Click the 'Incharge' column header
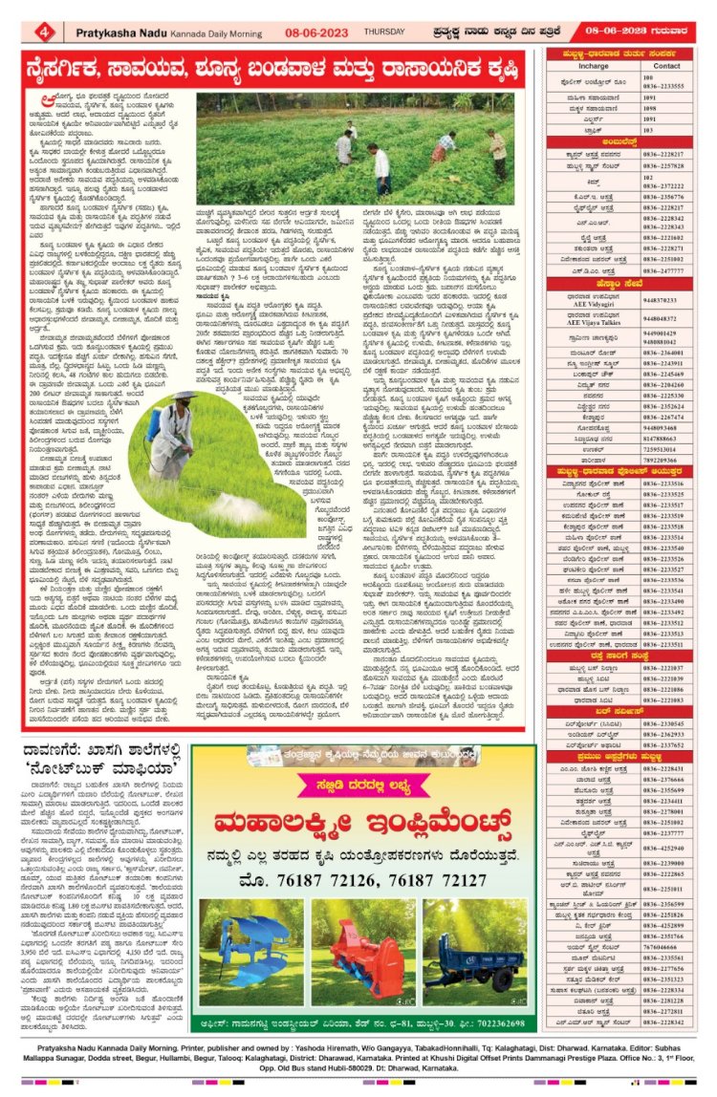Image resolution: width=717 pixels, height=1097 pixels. [593, 66]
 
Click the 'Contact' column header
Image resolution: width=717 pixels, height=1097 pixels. [666, 66]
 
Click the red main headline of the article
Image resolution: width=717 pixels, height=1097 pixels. [277, 70]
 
